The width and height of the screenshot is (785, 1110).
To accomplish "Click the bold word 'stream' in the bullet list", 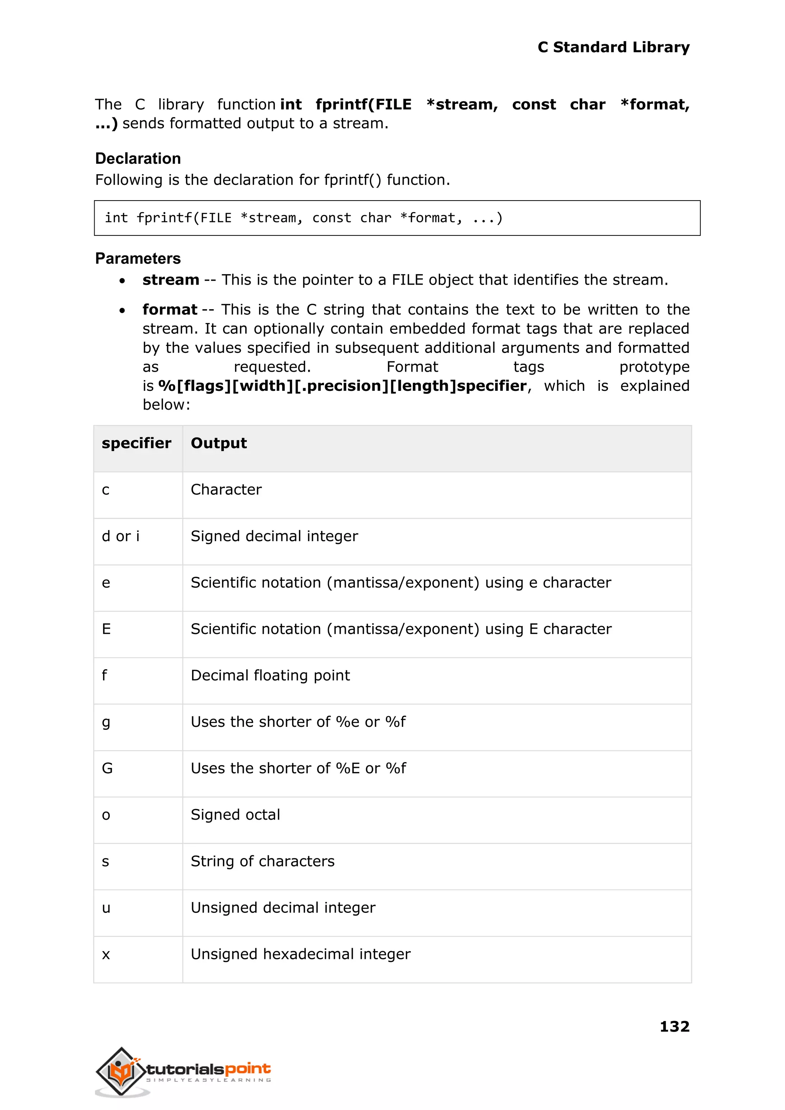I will [171, 280].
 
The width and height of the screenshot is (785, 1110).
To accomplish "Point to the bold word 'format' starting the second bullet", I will [170, 310].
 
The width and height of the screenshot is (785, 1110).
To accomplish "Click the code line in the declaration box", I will [304, 218].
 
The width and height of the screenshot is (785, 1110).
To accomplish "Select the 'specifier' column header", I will [136, 443].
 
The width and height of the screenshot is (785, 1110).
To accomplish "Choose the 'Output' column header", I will [218, 443].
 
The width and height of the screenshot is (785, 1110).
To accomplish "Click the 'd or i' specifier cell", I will [120, 536].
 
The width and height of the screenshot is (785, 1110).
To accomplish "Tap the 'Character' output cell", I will [226, 490].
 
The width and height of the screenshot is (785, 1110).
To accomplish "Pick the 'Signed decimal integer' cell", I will [274, 536].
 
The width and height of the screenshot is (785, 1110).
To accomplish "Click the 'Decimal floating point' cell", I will [270, 676].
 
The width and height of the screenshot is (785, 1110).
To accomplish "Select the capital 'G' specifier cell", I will [107, 769].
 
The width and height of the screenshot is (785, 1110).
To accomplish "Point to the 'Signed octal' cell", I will [235, 815].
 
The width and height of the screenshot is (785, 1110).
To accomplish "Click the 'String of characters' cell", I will [263, 861].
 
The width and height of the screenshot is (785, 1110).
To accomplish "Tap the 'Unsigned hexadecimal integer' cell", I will [300, 954].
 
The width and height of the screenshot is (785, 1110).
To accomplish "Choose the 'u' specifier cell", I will [106, 908].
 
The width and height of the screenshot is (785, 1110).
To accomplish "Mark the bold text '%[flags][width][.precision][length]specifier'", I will [342, 386].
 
